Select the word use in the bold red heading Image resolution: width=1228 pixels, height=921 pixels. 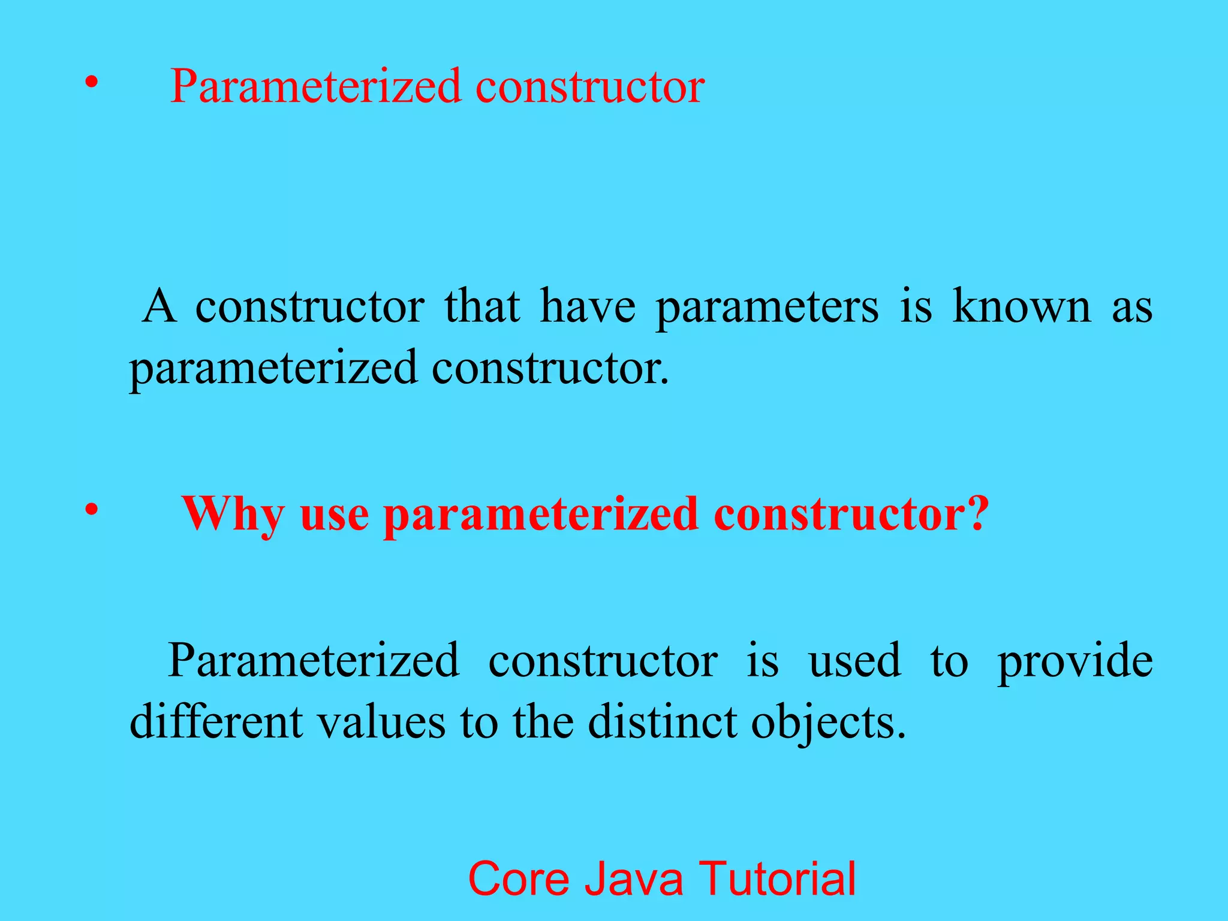point(334,514)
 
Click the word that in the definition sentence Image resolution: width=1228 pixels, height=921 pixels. point(482,306)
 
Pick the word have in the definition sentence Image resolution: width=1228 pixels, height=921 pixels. point(588,306)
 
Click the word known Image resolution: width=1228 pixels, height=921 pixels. point(1022,306)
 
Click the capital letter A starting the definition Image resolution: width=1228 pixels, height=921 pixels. point(159,306)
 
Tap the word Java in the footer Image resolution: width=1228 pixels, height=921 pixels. point(634,878)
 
